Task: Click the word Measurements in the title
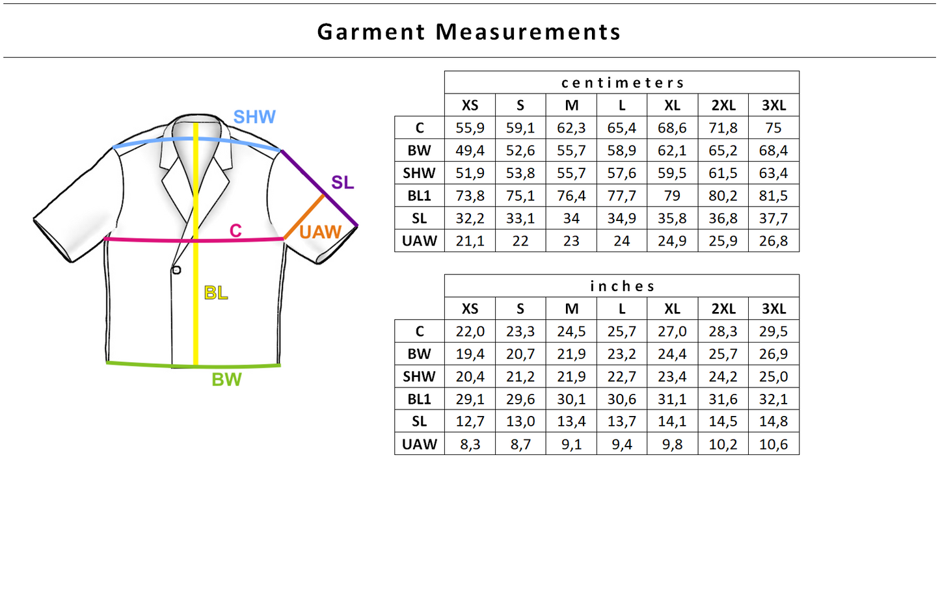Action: click(528, 32)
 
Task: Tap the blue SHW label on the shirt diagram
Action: click(254, 117)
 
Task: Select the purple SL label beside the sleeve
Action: click(342, 183)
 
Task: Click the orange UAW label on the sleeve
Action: click(320, 232)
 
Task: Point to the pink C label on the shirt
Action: click(235, 231)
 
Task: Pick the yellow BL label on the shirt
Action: click(216, 293)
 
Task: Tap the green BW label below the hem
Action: click(226, 380)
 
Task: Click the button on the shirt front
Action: click(176, 270)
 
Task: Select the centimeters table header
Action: click(622, 83)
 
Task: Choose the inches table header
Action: click(622, 286)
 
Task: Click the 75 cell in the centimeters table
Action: click(773, 128)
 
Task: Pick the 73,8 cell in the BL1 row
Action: click(470, 196)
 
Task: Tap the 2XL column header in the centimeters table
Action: click(723, 105)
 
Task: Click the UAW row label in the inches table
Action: click(420, 445)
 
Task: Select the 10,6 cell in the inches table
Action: click(773, 445)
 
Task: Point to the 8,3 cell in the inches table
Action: click(470, 445)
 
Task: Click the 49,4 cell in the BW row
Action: click(470, 151)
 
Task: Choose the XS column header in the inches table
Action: click(470, 309)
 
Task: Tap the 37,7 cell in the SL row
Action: click(773, 218)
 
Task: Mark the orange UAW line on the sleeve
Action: click(304, 217)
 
